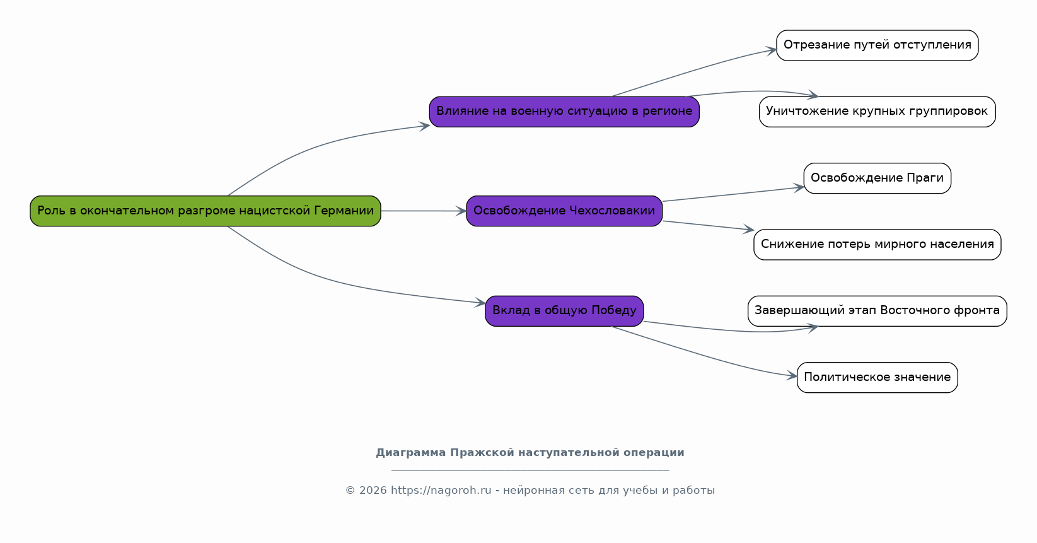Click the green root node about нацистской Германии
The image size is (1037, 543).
206,211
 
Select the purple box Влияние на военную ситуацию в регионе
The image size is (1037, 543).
564,112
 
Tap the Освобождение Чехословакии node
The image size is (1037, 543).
564,211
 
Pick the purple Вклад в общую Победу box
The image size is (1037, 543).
564,311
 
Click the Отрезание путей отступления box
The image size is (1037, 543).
878,45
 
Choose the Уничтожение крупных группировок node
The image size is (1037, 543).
878,112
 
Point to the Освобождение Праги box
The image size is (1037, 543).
878,178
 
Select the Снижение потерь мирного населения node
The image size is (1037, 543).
878,245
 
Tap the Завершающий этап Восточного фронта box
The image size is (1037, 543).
878,311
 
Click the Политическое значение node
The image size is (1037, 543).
878,377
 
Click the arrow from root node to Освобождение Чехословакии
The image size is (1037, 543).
424,211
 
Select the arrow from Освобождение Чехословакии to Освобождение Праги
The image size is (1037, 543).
733,194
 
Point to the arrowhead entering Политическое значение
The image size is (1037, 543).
792,376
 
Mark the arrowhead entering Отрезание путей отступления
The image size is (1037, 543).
771,50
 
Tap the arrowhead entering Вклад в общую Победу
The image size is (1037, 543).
480,303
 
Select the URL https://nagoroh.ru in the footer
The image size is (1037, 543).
441,490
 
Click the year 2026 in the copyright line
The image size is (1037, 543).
373,490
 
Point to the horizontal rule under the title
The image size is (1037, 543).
530,470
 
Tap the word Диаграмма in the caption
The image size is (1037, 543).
410,453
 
